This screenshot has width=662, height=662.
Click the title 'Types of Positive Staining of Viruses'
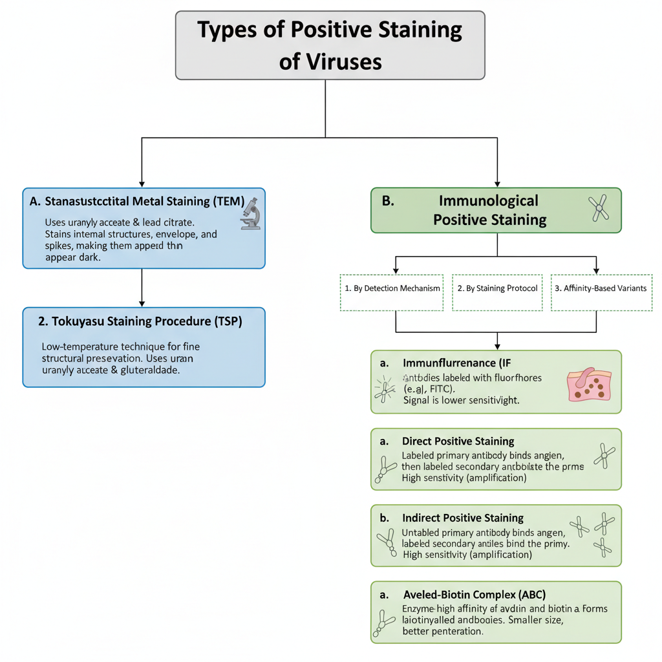(x=330, y=45)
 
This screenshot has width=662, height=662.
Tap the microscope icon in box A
(x=250, y=214)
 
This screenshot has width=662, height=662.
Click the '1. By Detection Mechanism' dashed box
(x=392, y=288)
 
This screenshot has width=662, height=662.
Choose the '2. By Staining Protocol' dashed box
(x=497, y=288)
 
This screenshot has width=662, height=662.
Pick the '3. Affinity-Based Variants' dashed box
(x=601, y=288)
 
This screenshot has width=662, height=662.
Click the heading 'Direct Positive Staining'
(x=458, y=441)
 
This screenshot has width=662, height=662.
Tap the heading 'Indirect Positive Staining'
(x=462, y=518)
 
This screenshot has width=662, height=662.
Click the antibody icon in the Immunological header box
(x=599, y=209)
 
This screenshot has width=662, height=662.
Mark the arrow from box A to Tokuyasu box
(x=142, y=288)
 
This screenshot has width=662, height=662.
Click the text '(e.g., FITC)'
(x=429, y=389)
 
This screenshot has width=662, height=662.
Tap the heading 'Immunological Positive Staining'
(x=489, y=210)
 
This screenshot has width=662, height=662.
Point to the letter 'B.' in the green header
(x=388, y=200)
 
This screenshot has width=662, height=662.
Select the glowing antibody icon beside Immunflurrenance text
(x=384, y=388)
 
